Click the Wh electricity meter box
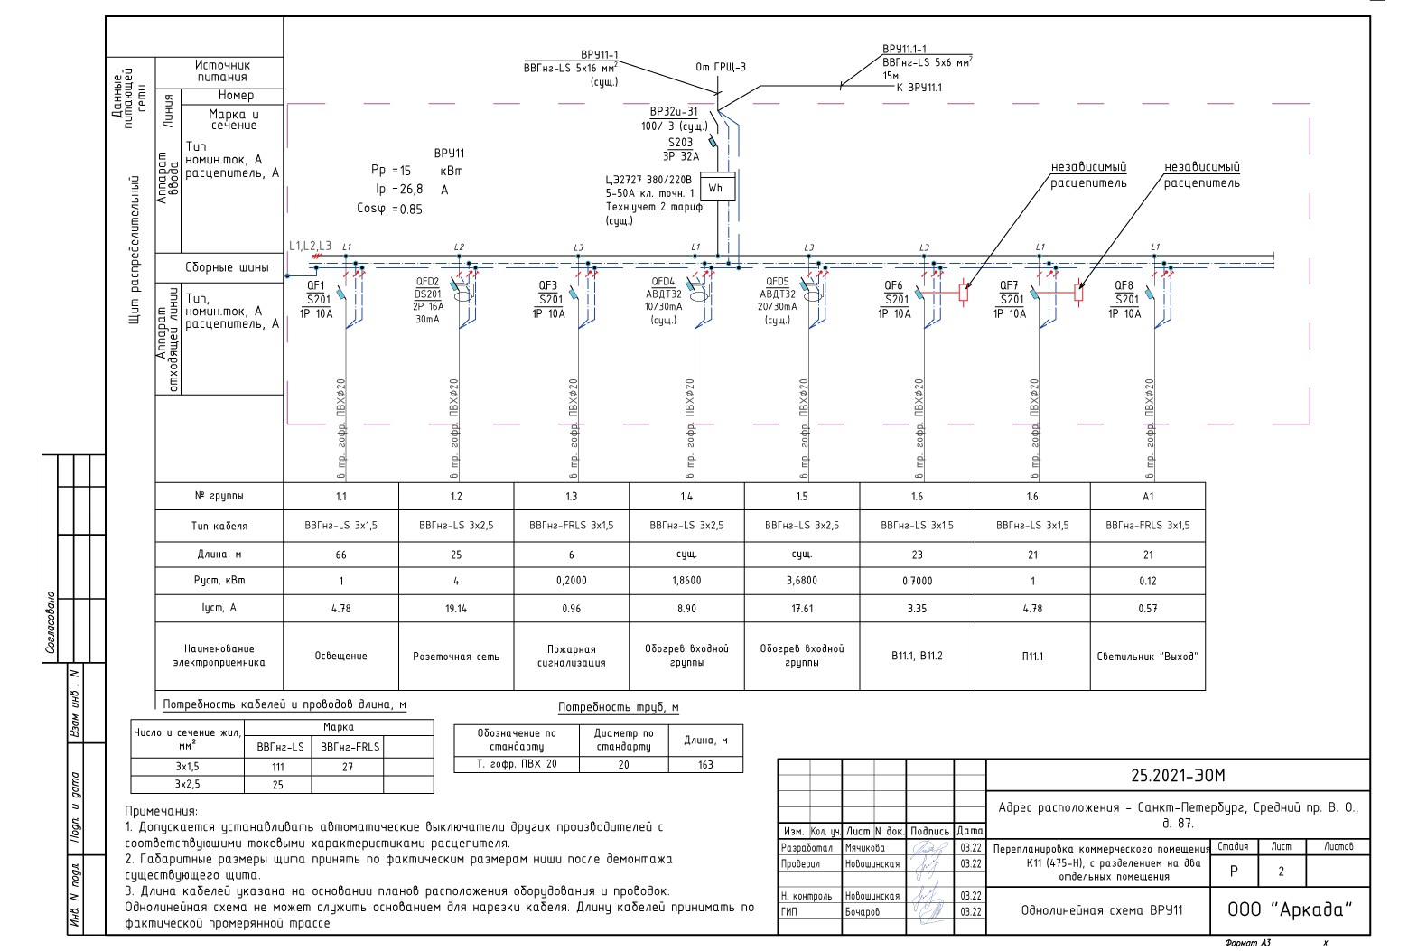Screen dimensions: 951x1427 click(x=716, y=188)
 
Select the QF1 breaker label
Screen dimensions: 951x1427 click(x=316, y=285)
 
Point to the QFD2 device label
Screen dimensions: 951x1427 click(x=427, y=282)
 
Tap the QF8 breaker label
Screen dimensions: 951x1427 click(x=1124, y=285)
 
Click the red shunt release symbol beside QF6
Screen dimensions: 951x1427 click(x=964, y=292)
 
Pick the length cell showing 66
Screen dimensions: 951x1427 click(x=340, y=555)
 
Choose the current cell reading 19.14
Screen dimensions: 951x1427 click(x=456, y=609)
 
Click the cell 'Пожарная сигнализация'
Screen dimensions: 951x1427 click(x=571, y=656)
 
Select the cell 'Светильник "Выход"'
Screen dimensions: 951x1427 click(x=1147, y=657)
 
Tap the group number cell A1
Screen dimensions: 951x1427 click(x=1148, y=497)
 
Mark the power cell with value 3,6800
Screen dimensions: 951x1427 click(x=802, y=581)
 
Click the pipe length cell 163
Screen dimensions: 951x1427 click(x=705, y=764)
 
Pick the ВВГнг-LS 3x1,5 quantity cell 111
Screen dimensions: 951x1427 click(x=277, y=767)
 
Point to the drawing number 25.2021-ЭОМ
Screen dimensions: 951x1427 click(x=1178, y=775)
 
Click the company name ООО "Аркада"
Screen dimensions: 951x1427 click(x=1290, y=909)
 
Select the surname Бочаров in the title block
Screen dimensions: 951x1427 click(x=863, y=911)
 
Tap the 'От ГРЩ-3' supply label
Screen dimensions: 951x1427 click(x=721, y=67)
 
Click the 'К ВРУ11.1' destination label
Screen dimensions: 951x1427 click(x=919, y=88)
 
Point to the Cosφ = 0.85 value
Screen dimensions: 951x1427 click(x=389, y=209)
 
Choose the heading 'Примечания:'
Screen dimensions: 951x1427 click(x=161, y=811)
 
